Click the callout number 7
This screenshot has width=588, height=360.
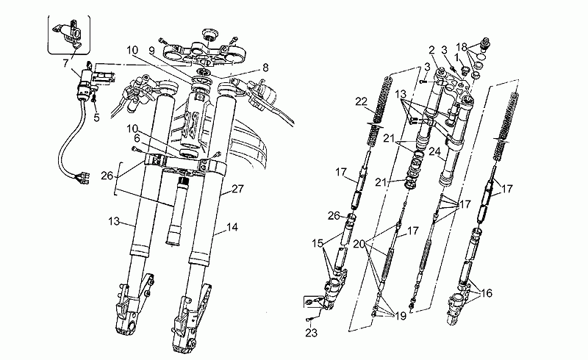(x=65, y=63)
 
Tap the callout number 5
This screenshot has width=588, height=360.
(x=97, y=118)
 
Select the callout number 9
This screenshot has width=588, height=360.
(x=151, y=50)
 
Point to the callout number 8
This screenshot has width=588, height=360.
(x=265, y=68)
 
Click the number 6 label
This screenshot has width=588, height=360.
(x=137, y=138)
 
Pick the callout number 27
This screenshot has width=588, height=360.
(x=237, y=189)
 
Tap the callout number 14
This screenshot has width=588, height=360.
(x=232, y=227)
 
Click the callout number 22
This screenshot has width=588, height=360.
(x=361, y=101)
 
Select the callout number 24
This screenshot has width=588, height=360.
(x=434, y=151)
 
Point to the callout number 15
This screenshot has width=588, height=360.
(x=318, y=243)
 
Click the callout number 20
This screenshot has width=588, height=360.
(x=359, y=244)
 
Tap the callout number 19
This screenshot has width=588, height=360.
(x=401, y=316)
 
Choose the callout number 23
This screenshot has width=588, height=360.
(x=311, y=332)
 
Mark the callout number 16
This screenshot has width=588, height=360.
(x=487, y=293)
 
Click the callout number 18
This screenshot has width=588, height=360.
(x=462, y=47)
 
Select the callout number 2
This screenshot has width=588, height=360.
(x=431, y=50)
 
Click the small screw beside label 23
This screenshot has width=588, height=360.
(x=309, y=319)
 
